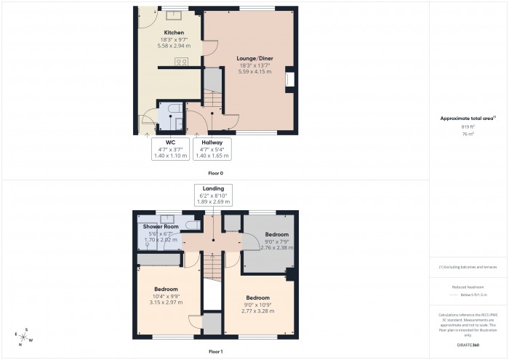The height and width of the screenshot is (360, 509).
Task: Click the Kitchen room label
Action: click(x=173, y=33)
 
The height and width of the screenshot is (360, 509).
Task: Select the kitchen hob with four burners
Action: click(x=181, y=63)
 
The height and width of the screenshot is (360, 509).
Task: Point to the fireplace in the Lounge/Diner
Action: click(x=290, y=79)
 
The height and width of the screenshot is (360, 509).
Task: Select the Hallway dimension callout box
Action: click(x=212, y=148)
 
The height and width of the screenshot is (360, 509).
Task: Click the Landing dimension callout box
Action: click(x=212, y=194)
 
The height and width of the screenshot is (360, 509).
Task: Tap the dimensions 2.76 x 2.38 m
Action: click(x=277, y=248)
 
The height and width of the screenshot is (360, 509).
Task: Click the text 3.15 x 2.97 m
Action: click(x=166, y=302)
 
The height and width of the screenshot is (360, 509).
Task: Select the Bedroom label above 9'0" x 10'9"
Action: click(x=257, y=298)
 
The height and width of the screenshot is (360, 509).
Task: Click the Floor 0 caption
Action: click(x=215, y=173)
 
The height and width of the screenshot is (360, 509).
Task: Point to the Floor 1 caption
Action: click(x=215, y=351)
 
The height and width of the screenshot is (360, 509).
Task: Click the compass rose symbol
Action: click(x=24, y=337)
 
